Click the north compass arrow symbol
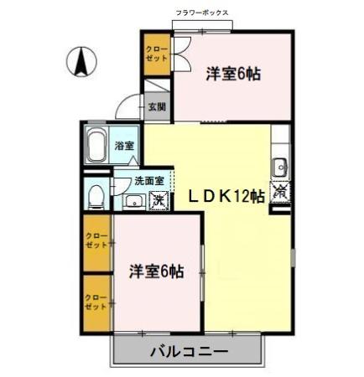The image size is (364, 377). tap(83, 60)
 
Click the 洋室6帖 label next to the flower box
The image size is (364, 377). tap(233, 74)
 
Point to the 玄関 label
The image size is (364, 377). tap(157, 106)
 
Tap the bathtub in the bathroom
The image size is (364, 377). tap(96, 146)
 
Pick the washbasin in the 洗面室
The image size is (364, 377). tap(133, 201)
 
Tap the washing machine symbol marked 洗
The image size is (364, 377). tap(157, 201)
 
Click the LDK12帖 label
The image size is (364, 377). tap(226, 195)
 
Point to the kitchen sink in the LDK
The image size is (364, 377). tap(280, 163)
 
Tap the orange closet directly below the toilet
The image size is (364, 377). tap(96, 243)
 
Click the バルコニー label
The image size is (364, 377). tap(189, 351)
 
